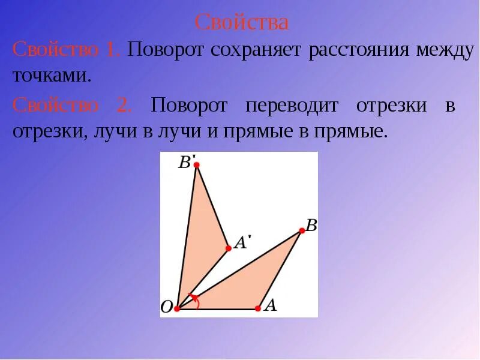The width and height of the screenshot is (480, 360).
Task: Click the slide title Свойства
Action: pos(242,22)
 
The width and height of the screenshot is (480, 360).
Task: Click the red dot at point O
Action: pos(177,309)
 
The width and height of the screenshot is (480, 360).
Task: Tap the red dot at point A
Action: pos(258,308)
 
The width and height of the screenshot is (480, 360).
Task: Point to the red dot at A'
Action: pos(228,248)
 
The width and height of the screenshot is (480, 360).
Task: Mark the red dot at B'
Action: pos(196,164)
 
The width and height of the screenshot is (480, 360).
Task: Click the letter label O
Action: pos(166,308)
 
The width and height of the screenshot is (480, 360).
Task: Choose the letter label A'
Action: pos(242,242)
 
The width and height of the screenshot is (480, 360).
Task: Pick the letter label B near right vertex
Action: pos(311,226)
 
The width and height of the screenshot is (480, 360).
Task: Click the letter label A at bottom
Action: pos(271,305)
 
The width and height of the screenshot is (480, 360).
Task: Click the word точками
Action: pos(52,76)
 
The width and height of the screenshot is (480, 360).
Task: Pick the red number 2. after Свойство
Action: pos(124,106)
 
